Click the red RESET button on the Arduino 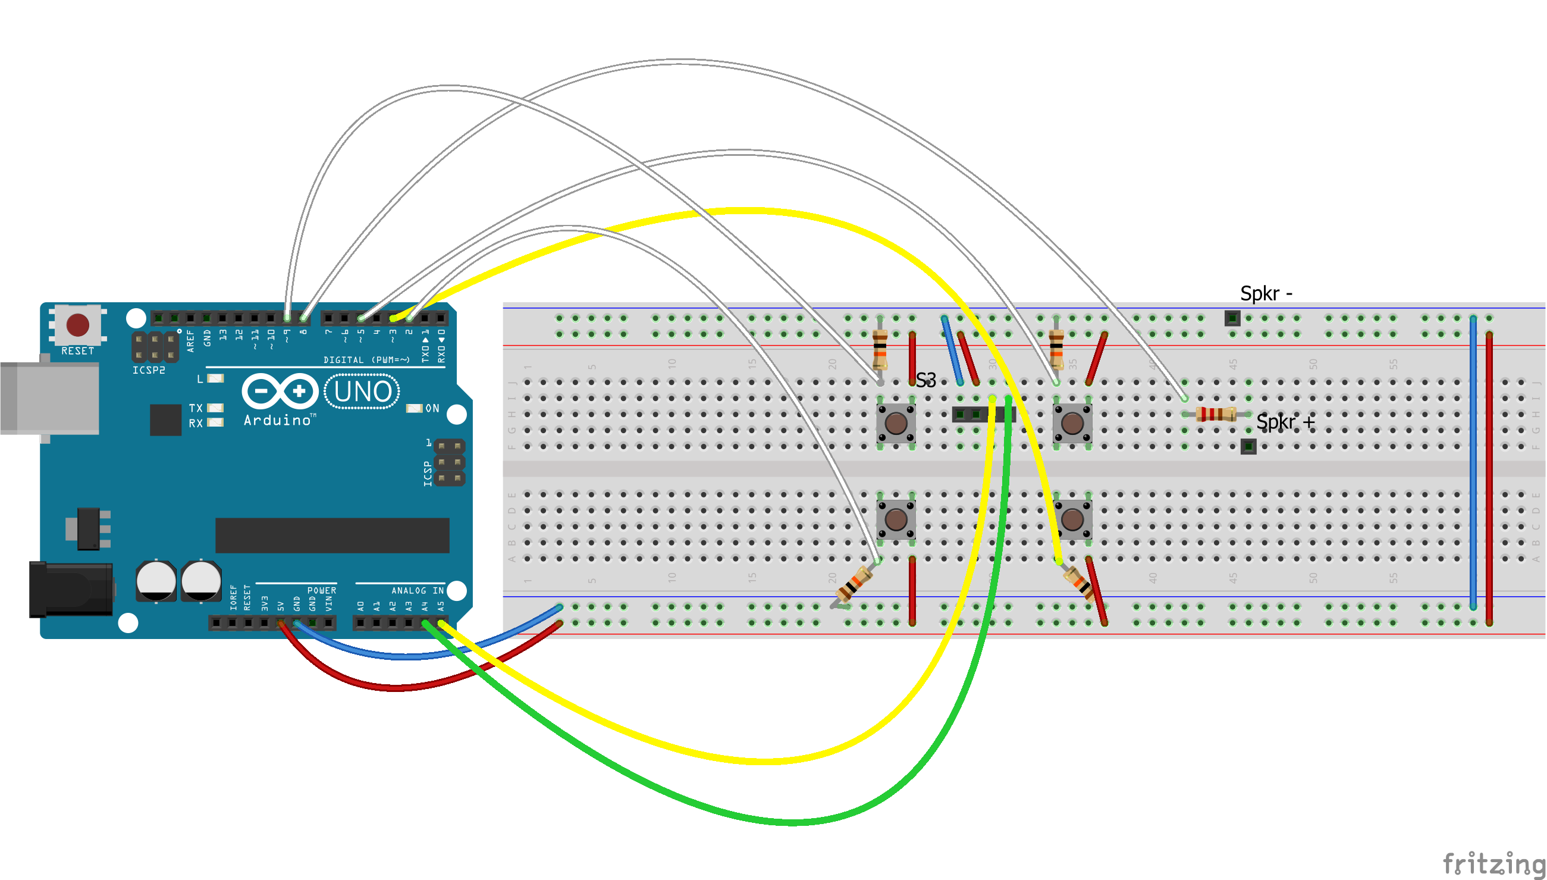click(x=77, y=325)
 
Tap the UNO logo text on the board click(x=362, y=392)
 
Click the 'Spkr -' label click(x=1266, y=294)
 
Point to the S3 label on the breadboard click(x=925, y=380)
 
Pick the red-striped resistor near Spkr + click(x=1215, y=414)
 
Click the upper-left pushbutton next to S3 click(x=896, y=422)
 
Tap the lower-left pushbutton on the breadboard click(x=896, y=519)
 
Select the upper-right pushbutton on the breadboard click(x=1072, y=422)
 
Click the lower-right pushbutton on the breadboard click(x=1072, y=519)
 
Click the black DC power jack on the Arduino click(x=71, y=589)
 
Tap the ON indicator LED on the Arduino click(x=415, y=409)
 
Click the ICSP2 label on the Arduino click(x=149, y=370)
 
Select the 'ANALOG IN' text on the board click(x=418, y=590)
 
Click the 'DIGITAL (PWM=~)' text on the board click(x=366, y=360)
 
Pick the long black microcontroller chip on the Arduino click(x=332, y=535)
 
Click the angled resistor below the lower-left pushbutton click(x=854, y=585)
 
